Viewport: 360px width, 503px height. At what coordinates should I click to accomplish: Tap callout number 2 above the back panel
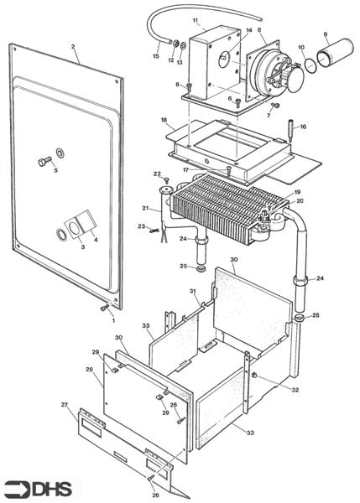pos(73,47)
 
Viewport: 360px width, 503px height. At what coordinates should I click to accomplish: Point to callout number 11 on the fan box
pos(196,20)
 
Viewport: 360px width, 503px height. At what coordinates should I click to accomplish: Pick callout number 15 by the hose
pos(155,56)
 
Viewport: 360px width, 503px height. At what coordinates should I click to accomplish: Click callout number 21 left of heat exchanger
pos(144,208)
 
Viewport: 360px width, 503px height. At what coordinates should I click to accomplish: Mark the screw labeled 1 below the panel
pos(104,309)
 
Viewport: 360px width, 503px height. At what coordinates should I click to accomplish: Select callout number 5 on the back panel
pos(55,170)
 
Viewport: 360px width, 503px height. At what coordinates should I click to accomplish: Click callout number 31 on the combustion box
pos(194,292)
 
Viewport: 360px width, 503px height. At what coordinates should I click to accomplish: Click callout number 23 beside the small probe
pos(141,227)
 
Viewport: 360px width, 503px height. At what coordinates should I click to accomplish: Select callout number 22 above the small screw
pos(156,174)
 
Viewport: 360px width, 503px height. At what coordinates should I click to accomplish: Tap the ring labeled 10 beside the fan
pos(310,63)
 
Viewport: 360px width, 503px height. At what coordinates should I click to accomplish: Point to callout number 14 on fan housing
pos(248,30)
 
